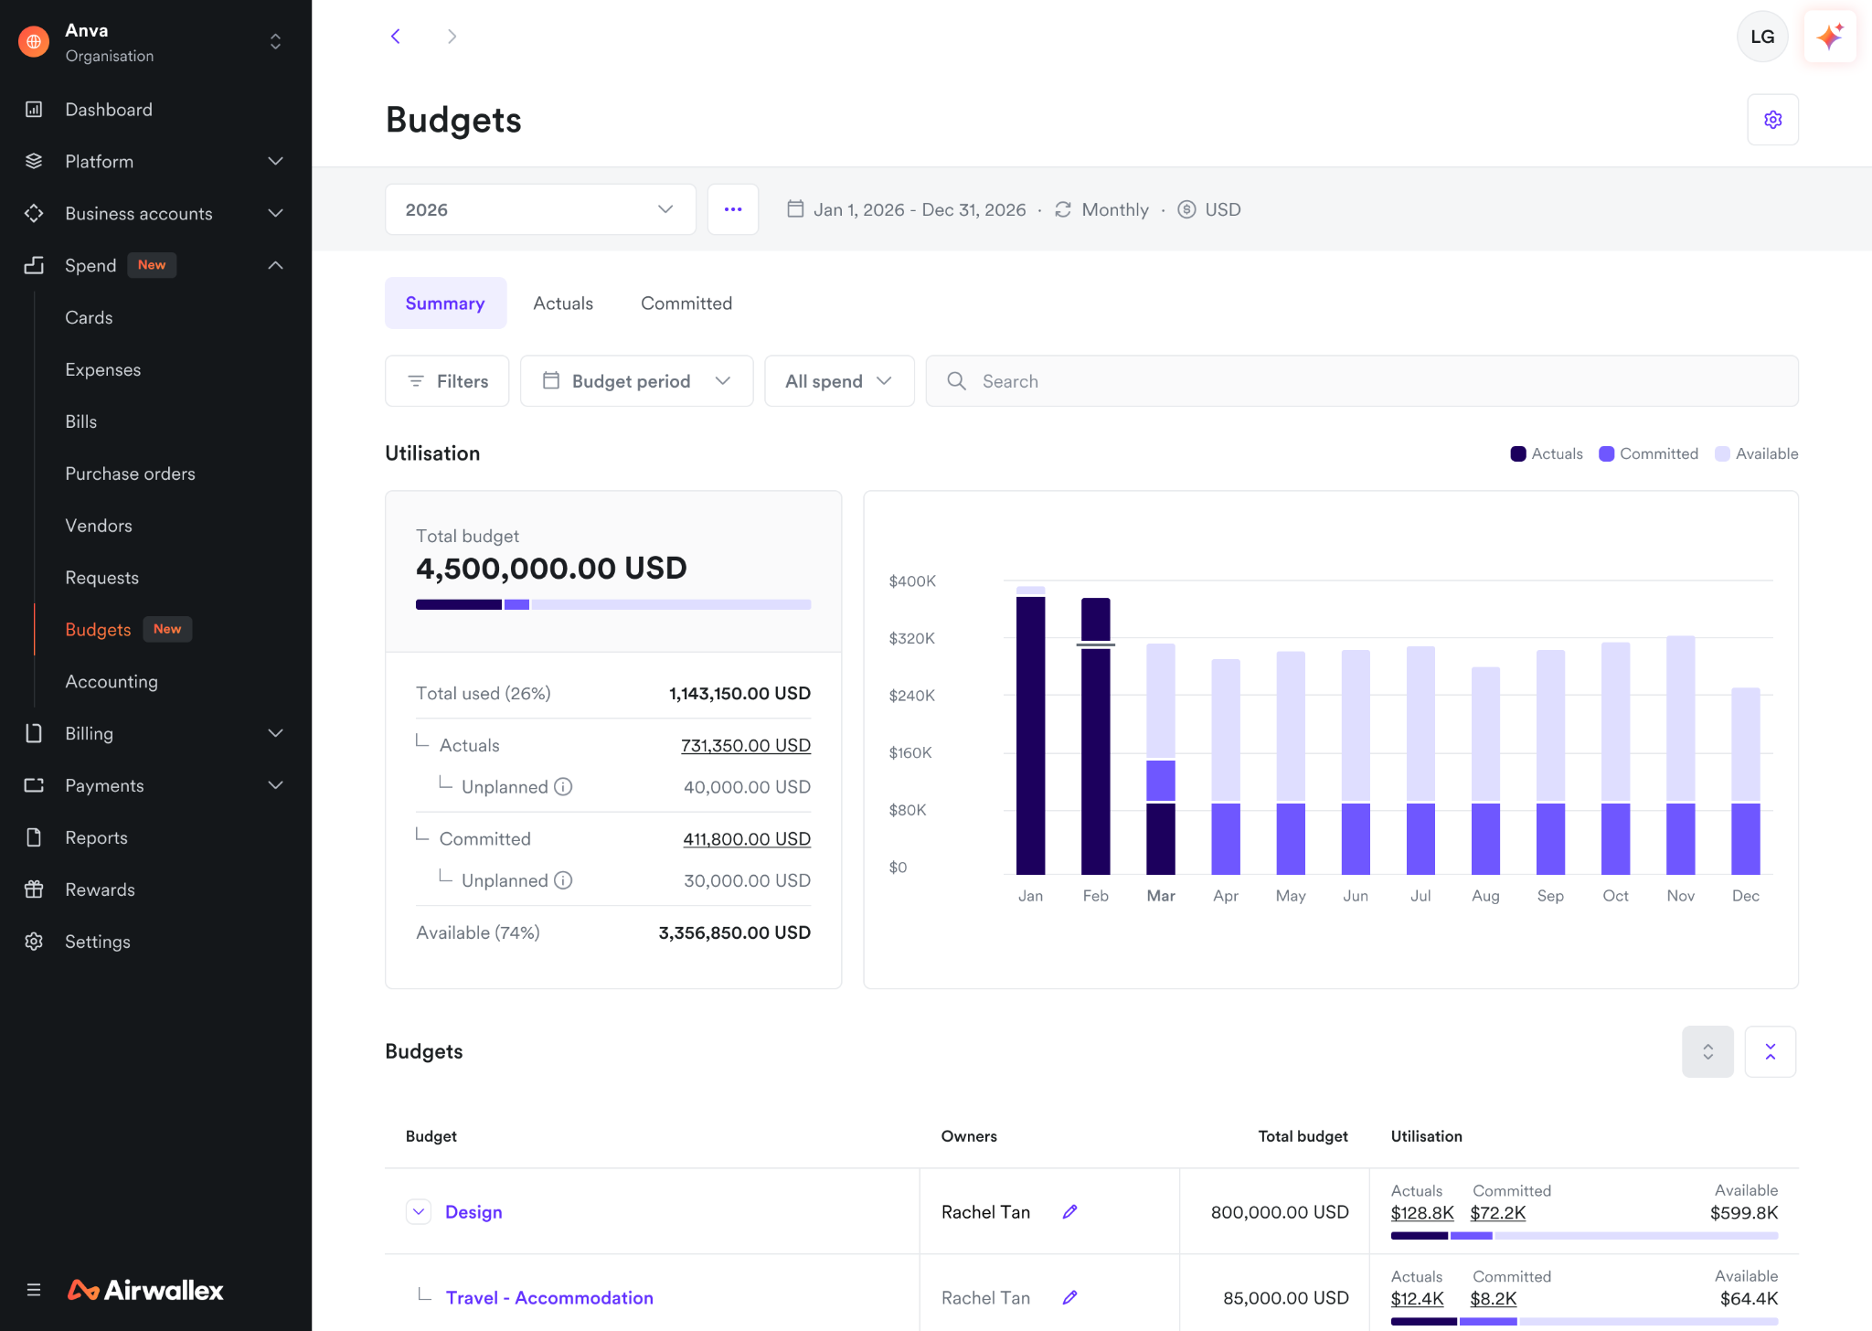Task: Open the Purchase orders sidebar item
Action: pos(130,474)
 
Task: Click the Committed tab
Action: pos(686,303)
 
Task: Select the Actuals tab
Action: pos(563,303)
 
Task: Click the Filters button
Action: pos(447,381)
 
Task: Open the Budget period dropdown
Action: pos(637,381)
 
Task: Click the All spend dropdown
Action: pos(839,381)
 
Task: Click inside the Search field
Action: pos(1362,381)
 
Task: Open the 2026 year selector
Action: pos(540,209)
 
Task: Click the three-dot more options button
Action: pos(733,209)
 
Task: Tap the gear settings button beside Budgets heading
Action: pos(1772,120)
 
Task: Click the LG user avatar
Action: pos(1762,37)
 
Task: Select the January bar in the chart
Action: pos(1031,730)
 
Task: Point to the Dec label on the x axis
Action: pos(1746,896)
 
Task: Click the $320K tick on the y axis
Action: pos(911,638)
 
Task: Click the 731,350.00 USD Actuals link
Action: pos(746,745)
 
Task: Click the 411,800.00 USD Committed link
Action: pos(747,838)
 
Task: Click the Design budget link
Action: pos(473,1212)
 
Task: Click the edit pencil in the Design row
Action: pos(1069,1212)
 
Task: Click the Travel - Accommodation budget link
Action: pos(549,1298)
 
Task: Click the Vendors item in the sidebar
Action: pos(99,526)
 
